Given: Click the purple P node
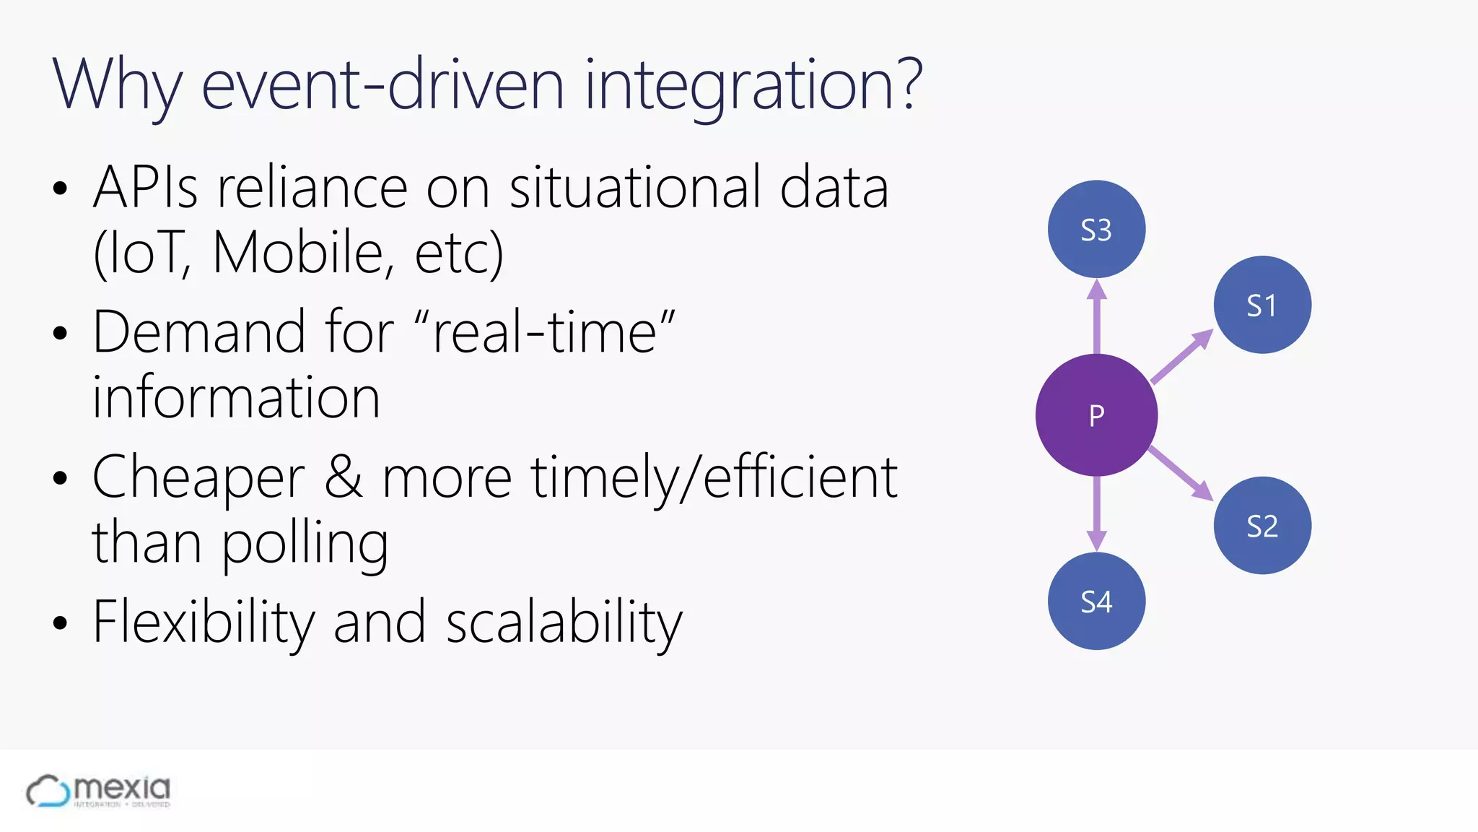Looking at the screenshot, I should (1096, 415).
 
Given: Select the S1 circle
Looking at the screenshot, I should (1262, 305).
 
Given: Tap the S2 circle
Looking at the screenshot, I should (1262, 525).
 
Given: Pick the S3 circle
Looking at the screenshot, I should (1096, 230).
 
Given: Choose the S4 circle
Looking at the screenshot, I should (1096, 601).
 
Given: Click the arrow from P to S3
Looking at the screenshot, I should (1097, 318).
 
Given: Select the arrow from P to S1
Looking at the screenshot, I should (1181, 356).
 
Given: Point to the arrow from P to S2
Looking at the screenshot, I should (1181, 473).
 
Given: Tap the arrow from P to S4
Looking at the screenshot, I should (1097, 513).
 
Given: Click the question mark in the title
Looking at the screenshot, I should (906, 84).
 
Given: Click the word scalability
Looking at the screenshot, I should (564, 623).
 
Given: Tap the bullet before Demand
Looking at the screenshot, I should (60, 334).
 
